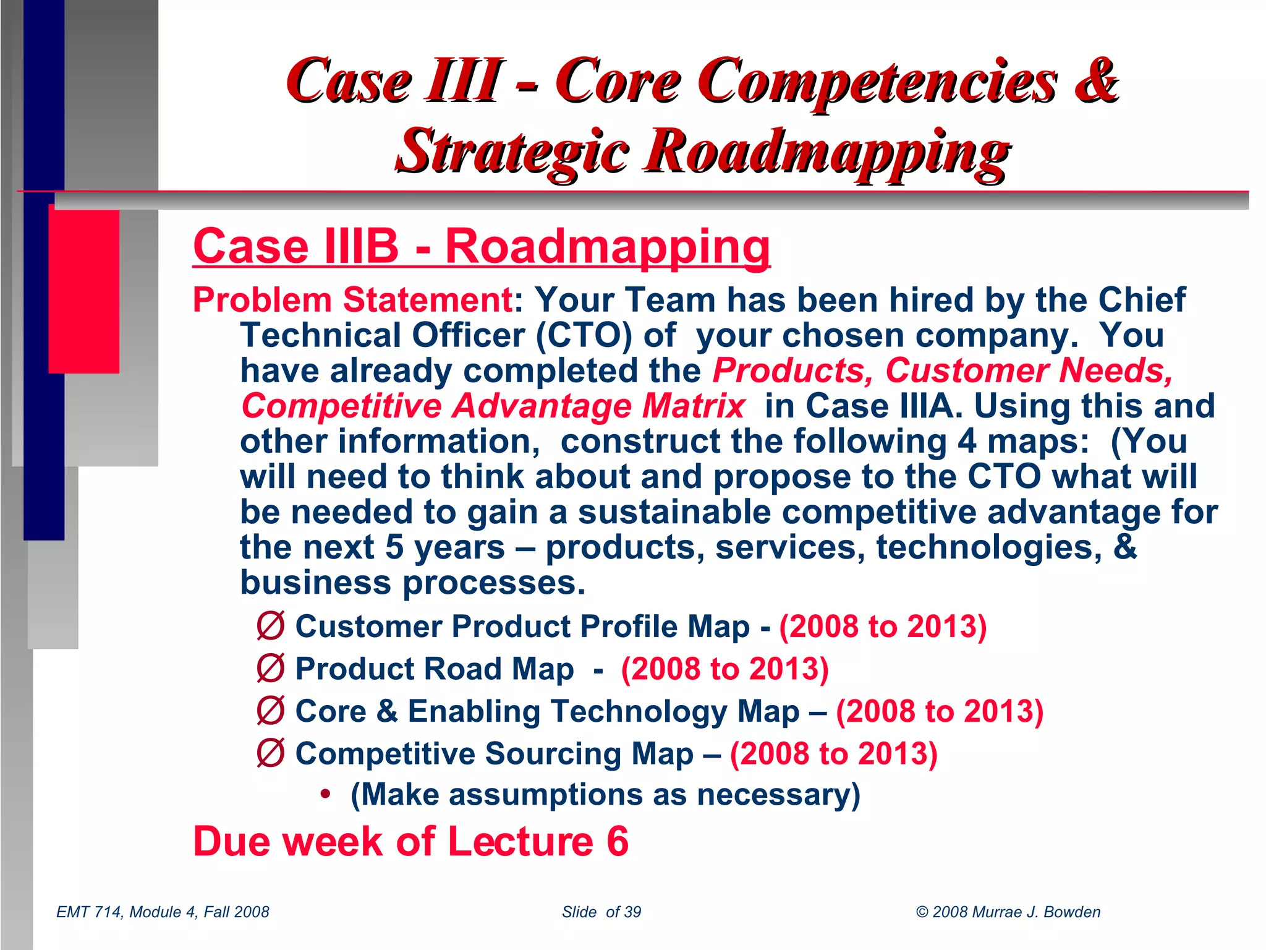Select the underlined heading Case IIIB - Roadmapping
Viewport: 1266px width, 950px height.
point(482,246)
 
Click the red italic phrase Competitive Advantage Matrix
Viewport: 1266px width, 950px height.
point(493,406)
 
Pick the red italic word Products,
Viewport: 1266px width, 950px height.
point(792,371)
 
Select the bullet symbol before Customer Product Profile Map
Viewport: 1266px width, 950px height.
point(271,626)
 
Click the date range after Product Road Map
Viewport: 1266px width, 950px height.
point(724,669)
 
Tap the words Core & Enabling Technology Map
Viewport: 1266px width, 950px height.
point(547,711)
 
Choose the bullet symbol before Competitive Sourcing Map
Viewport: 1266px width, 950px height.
point(271,753)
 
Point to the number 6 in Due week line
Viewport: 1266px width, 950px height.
point(617,842)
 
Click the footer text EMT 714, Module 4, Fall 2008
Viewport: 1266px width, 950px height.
point(163,912)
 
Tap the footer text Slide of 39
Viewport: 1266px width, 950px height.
point(601,912)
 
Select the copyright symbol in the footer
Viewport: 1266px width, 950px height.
point(922,912)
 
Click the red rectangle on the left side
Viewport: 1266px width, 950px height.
point(84,291)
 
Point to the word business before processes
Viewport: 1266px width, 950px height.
point(315,583)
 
